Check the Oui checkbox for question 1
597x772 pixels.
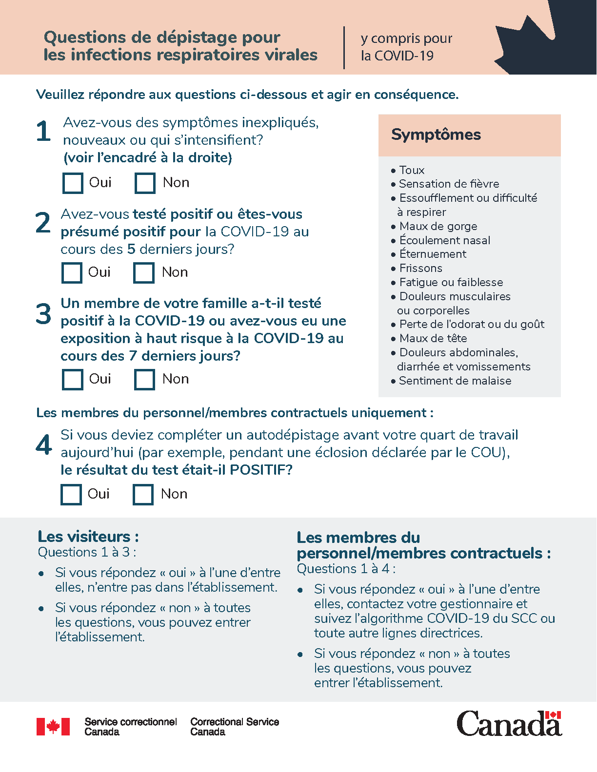coord(73,183)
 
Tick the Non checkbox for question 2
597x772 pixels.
coord(144,273)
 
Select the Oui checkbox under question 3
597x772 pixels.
coord(73,380)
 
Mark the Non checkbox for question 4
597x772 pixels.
coord(143,495)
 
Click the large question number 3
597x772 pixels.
coord(43,314)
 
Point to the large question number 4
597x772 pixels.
coord(44,444)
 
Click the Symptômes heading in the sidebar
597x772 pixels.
coord(436,135)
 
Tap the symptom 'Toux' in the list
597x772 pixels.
coord(412,170)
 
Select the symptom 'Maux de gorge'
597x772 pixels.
coord(438,226)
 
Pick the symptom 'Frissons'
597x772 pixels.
coord(420,268)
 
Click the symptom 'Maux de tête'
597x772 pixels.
coord(433,338)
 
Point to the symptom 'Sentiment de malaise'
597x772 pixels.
coord(455,381)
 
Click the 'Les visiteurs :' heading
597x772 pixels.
coord(88,537)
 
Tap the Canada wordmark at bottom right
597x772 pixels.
coord(509,723)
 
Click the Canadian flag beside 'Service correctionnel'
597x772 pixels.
coord(53,727)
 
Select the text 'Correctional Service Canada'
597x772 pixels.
coord(235,727)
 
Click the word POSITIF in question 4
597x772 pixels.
coord(260,470)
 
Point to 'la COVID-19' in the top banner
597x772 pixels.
coord(397,56)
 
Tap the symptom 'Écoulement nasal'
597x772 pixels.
coord(444,240)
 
